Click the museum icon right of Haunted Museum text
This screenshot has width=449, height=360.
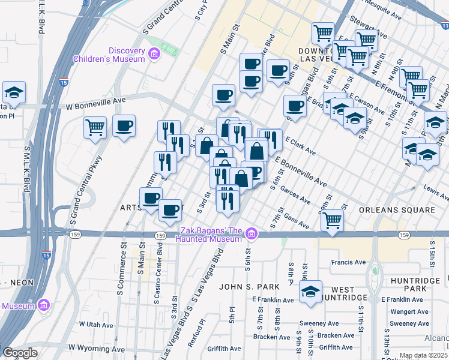[253, 233]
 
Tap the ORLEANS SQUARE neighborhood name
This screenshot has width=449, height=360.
[397, 210]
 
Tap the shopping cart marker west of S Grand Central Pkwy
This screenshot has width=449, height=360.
[95, 127]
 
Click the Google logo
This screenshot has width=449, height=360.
[20, 352]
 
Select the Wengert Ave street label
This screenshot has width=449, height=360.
[409, 311]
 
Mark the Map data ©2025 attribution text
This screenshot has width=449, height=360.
[423, 356]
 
